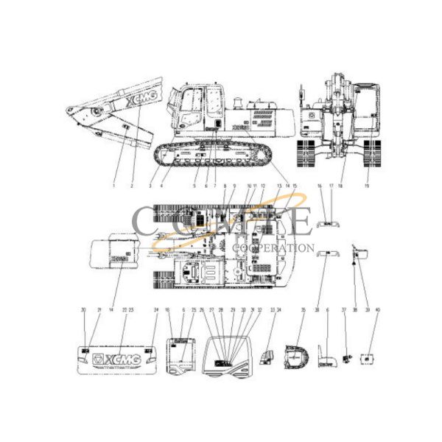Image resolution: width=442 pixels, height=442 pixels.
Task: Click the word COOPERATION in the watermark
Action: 273,248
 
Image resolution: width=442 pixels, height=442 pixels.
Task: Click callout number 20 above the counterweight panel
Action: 83,310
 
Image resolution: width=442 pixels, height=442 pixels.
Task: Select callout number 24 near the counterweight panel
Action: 156,310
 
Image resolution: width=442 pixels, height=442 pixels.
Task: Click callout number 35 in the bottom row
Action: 302,310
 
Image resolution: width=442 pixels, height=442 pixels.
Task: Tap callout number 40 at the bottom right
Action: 378,310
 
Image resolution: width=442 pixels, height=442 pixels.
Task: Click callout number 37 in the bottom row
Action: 343,310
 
